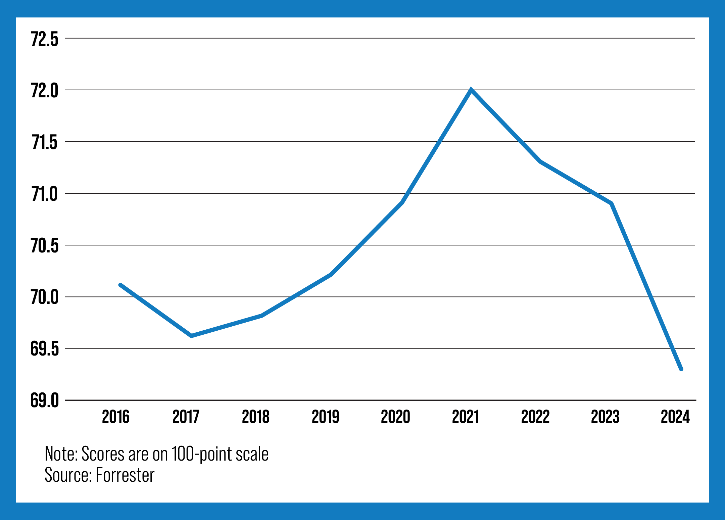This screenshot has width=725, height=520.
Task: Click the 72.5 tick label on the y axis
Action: tap(45, 39)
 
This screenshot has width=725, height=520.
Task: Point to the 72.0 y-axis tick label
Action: tap(45, 91)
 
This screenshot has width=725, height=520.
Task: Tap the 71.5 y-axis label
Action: tap(45, 142)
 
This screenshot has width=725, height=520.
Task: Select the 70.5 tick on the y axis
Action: tap(45, 246)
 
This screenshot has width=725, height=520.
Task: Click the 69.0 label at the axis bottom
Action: tap(45, 401)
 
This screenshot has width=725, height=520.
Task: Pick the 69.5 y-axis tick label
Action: tap(45, 349)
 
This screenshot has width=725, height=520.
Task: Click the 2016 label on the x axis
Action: tap(116, 417)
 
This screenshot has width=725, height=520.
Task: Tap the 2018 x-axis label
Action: tap(255, 417)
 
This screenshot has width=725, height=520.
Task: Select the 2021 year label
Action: tap(466, 417)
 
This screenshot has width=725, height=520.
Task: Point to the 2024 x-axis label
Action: tap(675, 417)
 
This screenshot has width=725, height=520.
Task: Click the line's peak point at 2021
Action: tap(471, 90)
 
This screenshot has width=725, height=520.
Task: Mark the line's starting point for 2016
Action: tap(120, 285)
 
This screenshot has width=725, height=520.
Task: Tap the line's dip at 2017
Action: tap(191, 336)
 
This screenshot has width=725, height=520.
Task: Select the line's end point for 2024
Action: tap(681, 369)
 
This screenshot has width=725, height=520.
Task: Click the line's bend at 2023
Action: tap(612, 203)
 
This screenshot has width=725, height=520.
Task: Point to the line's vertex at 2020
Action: tap(402, 202)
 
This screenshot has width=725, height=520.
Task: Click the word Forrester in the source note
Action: tap(125, 475)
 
